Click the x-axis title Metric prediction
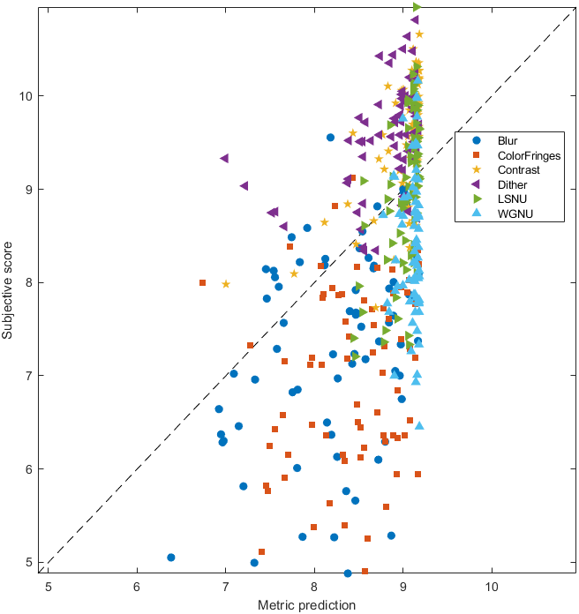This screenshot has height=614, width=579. coord(307,605)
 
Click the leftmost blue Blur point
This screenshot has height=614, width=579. coord(171,558)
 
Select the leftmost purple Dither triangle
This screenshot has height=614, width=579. coord(224,159)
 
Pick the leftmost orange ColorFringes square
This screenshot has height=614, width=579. coord(203,282)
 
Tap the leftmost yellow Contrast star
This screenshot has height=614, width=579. coord(226,284)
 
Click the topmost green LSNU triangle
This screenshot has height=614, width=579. coord(417,7)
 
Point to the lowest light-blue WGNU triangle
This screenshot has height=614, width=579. coord(420,426)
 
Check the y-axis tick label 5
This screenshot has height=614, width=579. coord(30,562)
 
